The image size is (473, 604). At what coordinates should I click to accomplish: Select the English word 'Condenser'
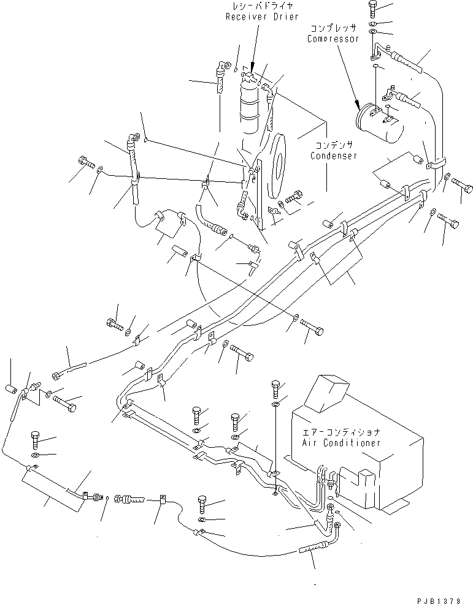334,156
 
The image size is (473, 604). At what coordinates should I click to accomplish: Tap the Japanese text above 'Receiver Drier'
252,7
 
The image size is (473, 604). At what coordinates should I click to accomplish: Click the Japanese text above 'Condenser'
334,146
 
